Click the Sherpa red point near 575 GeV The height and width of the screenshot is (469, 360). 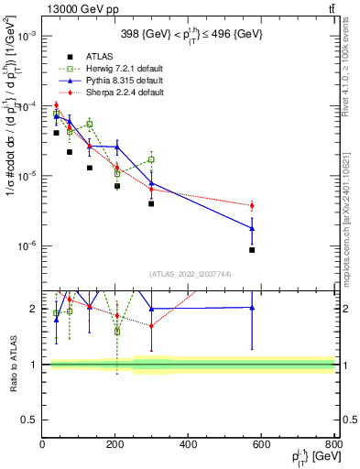click(x=252, y=205)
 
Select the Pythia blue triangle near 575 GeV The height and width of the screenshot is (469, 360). click(x=252, y=228)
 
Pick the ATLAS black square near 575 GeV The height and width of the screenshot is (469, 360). click(x=252, y=250)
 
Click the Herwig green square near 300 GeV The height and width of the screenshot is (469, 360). click(x=152, y=159)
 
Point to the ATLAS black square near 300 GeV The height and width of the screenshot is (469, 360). click(x=152, y=203)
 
